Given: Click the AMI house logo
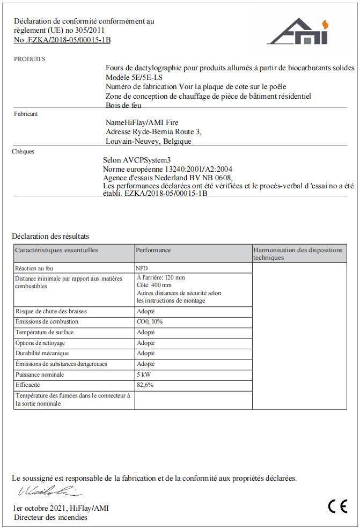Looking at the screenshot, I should (x=297, y=32).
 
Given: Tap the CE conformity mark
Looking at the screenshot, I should (x=337, y=506).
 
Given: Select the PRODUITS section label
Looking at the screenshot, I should (x=30, y=59).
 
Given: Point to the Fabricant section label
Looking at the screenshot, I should (x=26, y=114).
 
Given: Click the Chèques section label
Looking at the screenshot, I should (x=23, y=151).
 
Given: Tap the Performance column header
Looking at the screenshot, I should (x=153, y=250).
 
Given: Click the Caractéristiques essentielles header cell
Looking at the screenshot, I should (x=57, y=250).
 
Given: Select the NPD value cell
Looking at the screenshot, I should (x=142, y=268).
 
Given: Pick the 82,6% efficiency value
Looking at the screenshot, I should (x=145, y=385).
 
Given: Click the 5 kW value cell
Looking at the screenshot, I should (x=143, y=374).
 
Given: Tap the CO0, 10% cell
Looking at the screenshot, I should (x=150, y=322).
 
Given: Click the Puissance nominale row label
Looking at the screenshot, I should (x=40, y=374).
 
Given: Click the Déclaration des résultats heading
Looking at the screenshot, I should (x=50, y=236).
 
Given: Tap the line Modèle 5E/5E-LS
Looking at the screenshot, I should (x=134, y=77).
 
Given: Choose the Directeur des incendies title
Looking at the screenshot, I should (x=51, y=518).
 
